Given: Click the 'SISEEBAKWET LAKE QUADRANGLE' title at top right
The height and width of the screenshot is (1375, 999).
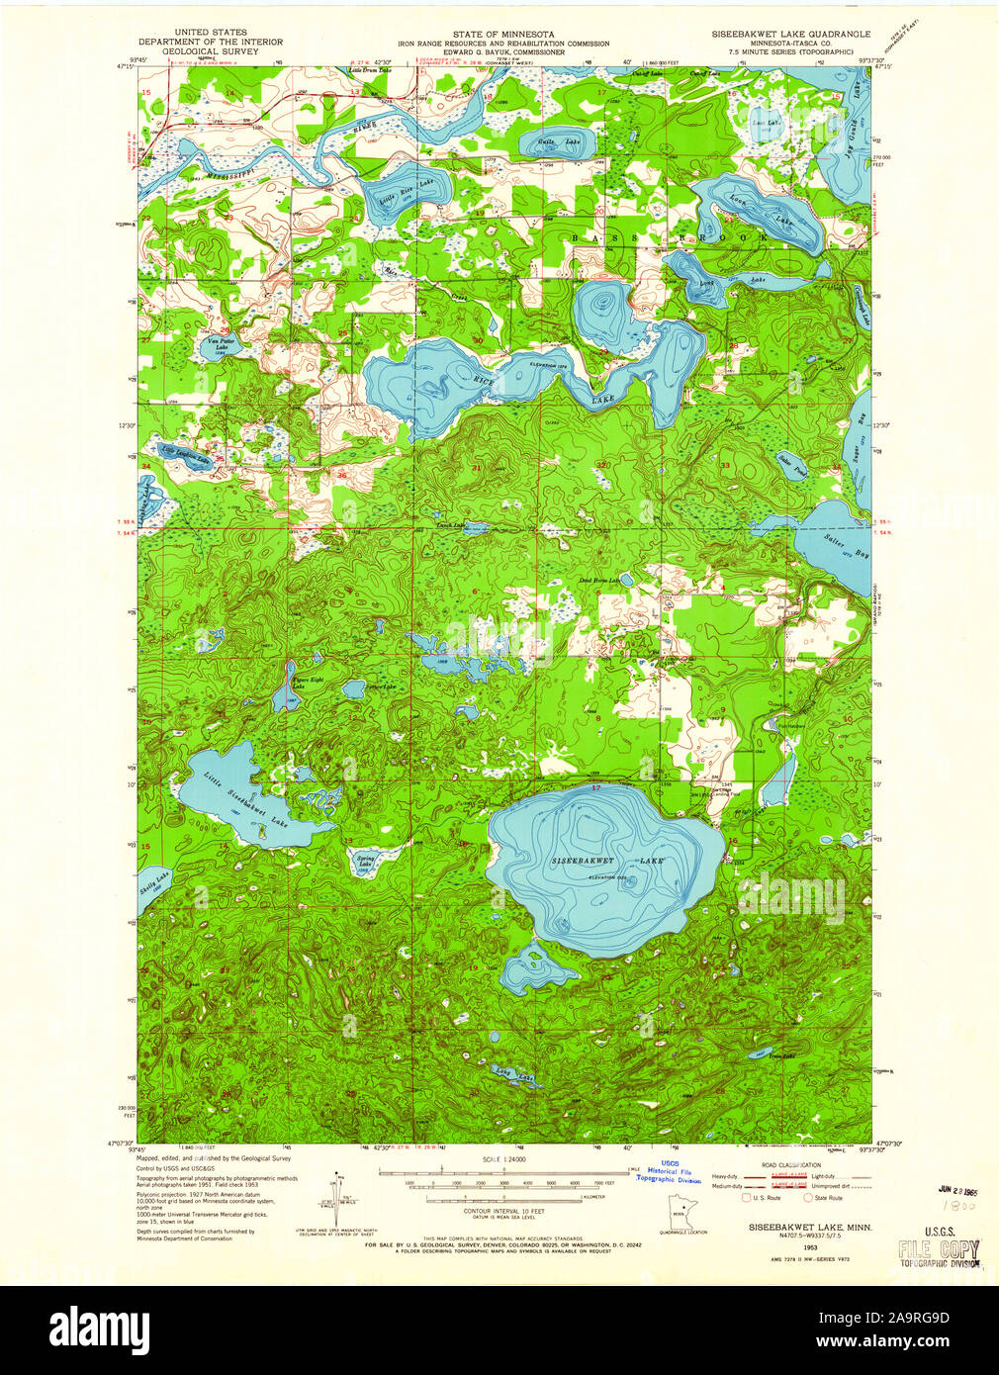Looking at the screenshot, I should [790, 34].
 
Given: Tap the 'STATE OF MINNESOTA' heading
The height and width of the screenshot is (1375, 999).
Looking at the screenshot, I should [502, 34].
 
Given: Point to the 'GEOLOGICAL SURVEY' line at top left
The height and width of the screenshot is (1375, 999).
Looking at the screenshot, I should [210, 51].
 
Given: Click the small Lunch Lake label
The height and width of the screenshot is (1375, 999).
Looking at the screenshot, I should [451, 526].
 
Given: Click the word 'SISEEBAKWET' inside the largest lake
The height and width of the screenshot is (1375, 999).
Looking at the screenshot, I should [583, 861].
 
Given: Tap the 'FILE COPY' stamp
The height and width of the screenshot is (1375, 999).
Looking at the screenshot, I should [939, 1248].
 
